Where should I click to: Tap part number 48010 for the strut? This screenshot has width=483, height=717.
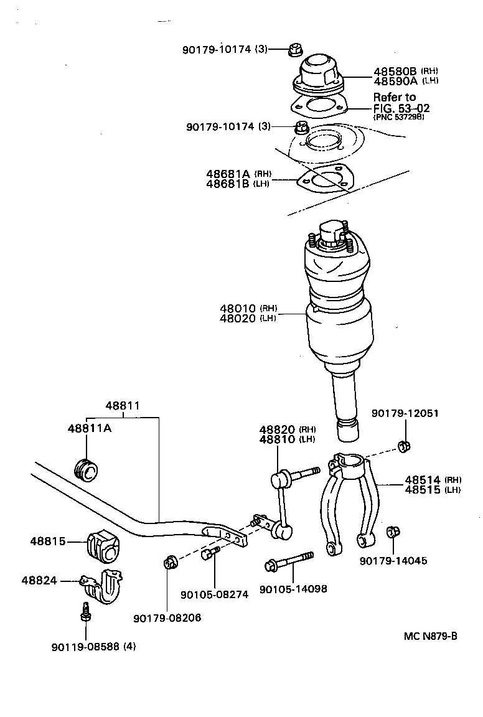pos(238,308)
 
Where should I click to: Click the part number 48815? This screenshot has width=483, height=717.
pos(47,541)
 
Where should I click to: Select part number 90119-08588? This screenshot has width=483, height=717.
pos(86,646)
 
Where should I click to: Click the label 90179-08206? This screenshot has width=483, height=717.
pos(167,617)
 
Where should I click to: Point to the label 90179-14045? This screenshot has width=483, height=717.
pos(393,560)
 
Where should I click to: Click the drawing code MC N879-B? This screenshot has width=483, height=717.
pos(430,635)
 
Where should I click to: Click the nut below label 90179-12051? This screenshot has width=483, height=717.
pos(403,446)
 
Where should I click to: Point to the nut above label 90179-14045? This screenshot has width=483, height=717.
pos(393,532)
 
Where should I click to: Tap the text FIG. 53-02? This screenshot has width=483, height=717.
pos(401,108)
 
